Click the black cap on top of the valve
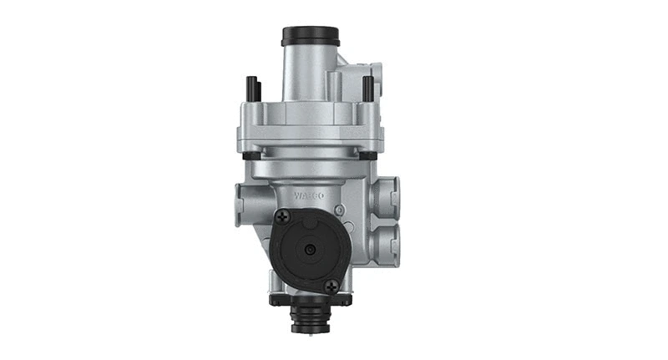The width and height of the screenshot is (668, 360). click(310, 36)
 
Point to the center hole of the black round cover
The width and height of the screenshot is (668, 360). click(309, 250)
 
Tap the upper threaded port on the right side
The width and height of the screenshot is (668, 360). click(385, 197)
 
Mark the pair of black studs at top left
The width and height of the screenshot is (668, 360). click(252, 88)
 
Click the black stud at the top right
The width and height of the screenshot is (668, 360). click(367, 87)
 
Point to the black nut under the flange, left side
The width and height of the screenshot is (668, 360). click(248, 155)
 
